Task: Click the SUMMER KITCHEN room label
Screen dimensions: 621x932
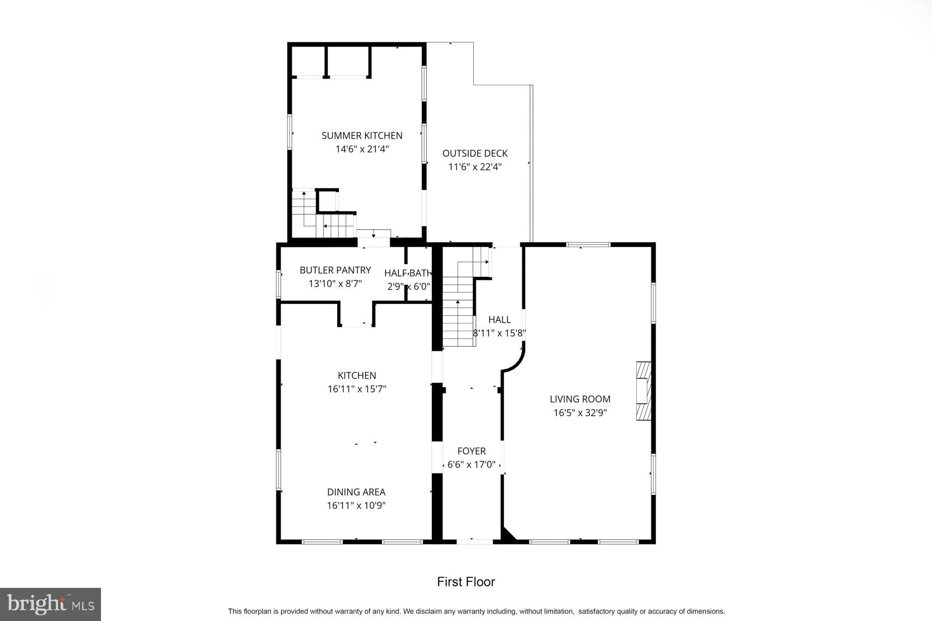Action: pos(362,136)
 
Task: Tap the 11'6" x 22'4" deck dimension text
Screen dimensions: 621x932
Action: pos(475,167)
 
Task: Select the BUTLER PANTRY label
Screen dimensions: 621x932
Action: pos(335,270)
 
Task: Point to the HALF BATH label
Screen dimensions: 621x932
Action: pos(407,273)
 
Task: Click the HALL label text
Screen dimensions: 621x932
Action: pos(499,320)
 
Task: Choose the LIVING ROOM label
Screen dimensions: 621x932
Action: pos(580,399)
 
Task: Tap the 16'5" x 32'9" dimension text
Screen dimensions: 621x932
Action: pos(580,413)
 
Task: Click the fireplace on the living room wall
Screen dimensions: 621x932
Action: pos(643,391)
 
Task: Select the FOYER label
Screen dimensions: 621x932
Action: pos(471,451)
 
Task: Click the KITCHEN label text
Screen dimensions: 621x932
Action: pos(357,376)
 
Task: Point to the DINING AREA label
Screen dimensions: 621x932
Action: pos(356,492)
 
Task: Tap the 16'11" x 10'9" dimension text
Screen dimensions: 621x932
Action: pos(356,506)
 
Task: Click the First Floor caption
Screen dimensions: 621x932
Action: pos(466,582)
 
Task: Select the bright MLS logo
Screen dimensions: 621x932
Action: pos(50,604)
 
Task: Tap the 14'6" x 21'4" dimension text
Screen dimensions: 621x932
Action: pos(362,150)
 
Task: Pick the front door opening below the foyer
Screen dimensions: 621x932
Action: pos(474,541)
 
